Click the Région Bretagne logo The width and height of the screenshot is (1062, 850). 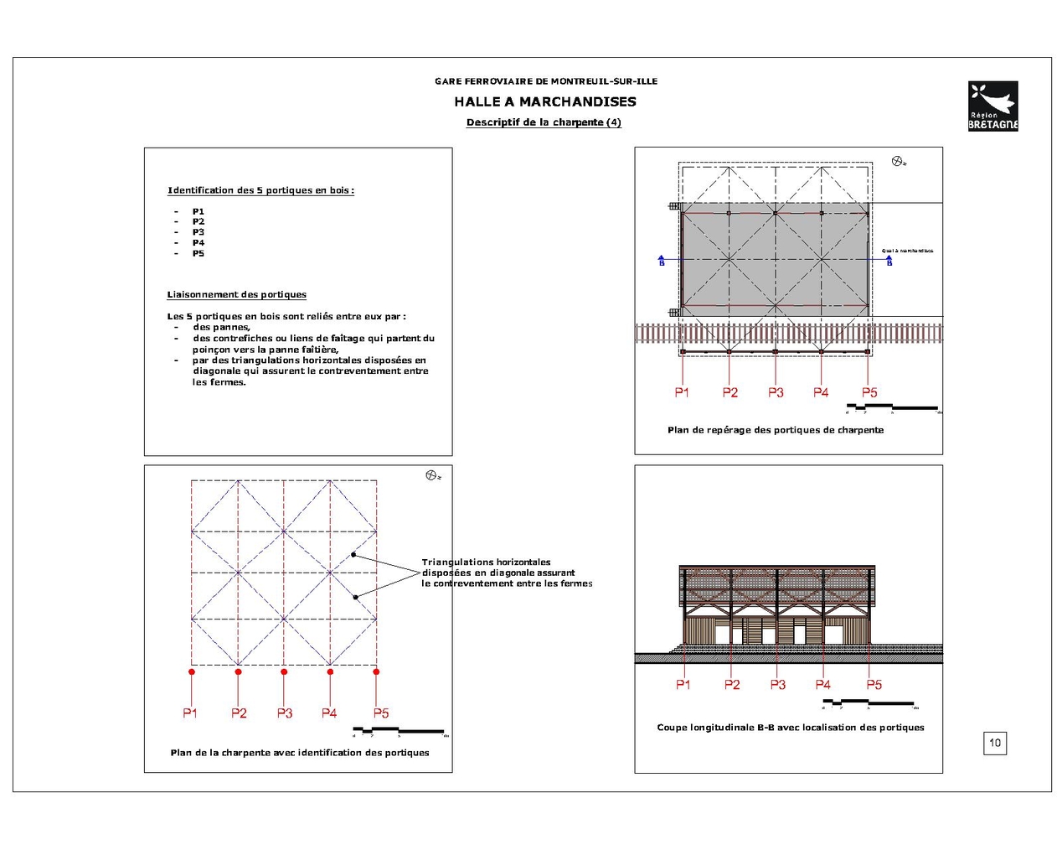click(992, 106)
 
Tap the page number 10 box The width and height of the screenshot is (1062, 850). click(995, 743)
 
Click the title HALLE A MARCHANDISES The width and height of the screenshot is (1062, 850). click(545, 101)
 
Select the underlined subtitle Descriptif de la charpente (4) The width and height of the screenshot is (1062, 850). click(544, 122)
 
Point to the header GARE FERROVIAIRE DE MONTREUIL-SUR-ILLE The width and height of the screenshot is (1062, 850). click(546, 81)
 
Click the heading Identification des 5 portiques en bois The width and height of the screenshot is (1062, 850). click(260, 190)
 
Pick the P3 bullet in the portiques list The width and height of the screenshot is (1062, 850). click(198, 232)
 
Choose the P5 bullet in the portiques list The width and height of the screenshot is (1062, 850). click(198, 253)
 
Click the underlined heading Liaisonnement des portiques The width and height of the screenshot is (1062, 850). click(236, 294)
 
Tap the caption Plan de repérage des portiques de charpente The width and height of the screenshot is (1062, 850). click(776, 430)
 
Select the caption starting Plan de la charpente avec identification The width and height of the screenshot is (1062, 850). click(300, 753)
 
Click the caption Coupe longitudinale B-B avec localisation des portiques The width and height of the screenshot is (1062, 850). click(791, 728)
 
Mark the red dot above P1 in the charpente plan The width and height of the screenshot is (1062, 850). click(192, 671)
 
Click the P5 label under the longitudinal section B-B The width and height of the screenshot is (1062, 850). click(874, 685)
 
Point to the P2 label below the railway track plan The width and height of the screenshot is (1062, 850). click(730, 392)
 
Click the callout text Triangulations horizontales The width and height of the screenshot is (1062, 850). click(486, 562)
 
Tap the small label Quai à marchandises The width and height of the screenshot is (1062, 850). click(907, 251)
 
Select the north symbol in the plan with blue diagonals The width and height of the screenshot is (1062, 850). click(431, 475)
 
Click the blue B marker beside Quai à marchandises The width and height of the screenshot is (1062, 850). click(889, 262)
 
